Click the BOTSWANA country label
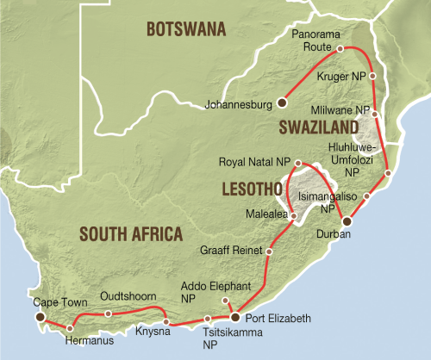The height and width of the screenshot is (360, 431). click(x=186, y=30)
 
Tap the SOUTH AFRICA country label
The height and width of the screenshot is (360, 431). click(x=130, y=233)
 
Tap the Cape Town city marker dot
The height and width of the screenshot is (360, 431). click(x=40, y=317)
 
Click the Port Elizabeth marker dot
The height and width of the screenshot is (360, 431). click(x=234, y=317)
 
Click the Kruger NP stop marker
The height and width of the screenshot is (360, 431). click(x=372, y=76)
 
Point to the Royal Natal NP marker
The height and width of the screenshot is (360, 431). click(x=297, y=163)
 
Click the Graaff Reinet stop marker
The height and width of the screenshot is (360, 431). click(x=270, y=251)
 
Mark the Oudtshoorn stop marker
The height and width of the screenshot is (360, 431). click(x=108, y=313)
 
